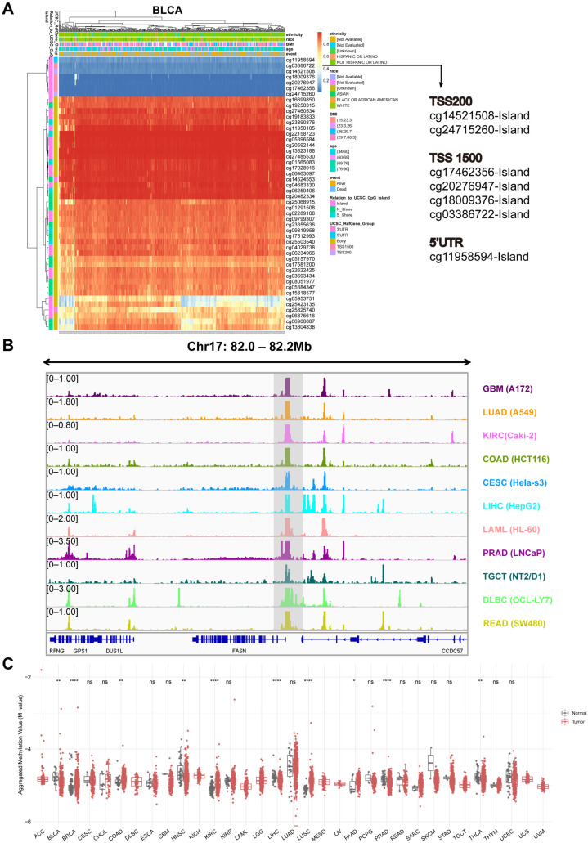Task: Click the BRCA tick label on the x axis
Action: pyautogui.click(x=68, y=827)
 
